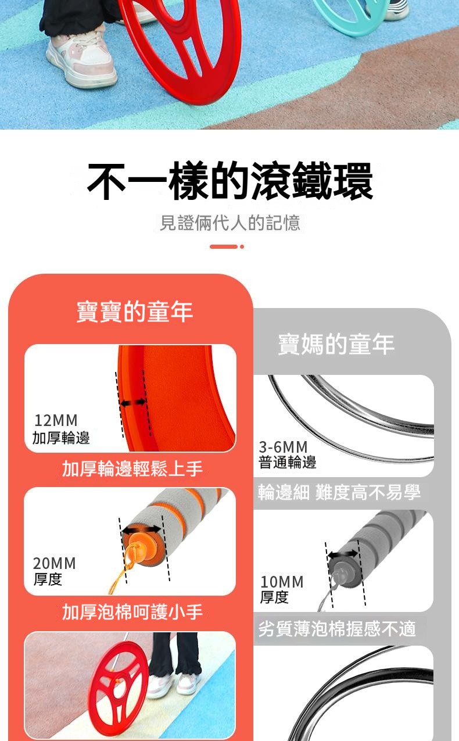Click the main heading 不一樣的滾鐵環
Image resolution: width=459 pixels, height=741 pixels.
230,181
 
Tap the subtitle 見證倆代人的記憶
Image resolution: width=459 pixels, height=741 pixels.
230,223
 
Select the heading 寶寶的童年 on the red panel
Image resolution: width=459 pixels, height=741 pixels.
135,312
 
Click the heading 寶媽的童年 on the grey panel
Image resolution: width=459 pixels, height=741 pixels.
336,345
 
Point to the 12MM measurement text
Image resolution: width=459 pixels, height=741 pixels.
56,420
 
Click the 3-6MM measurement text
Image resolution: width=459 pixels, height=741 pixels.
283,447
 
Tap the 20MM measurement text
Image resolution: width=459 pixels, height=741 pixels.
55,563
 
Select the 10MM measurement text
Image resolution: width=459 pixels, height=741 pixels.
282,582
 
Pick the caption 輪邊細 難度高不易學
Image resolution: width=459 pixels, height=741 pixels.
339,492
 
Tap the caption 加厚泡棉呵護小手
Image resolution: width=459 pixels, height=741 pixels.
132,611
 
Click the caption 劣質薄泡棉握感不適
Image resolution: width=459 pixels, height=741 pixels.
337,628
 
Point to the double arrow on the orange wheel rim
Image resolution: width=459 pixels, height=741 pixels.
133,403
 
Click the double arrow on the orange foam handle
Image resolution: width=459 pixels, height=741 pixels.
141,529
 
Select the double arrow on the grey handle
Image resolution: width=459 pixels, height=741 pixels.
343,554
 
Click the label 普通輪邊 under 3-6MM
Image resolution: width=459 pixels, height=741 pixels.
288,462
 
